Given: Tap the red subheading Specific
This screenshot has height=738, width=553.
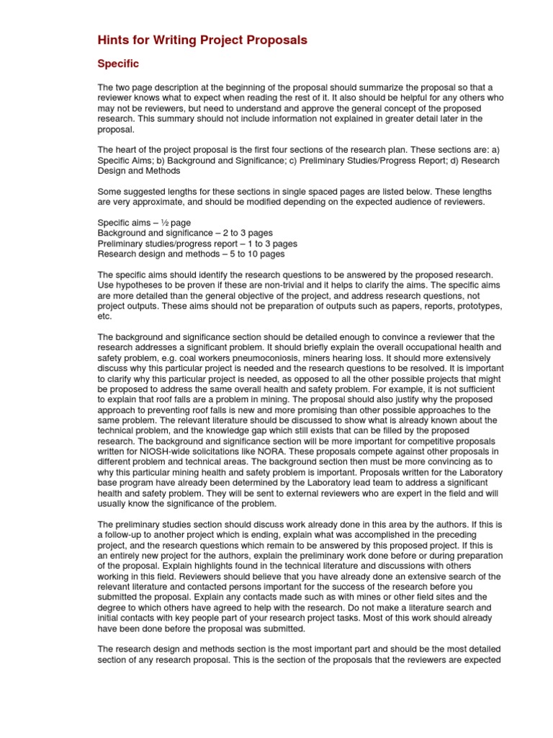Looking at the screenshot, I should pyautogui.click(x=118, y=64).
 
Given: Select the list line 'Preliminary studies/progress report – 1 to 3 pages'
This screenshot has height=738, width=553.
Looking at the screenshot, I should pyautogui.click(x=197, y=244).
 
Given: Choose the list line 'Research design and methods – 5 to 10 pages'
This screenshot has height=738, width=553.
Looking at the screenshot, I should pyautogui.click(x=191, y=254).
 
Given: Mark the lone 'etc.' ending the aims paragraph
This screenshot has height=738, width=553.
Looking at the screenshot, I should pyautogui.click(x=105, y=316).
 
